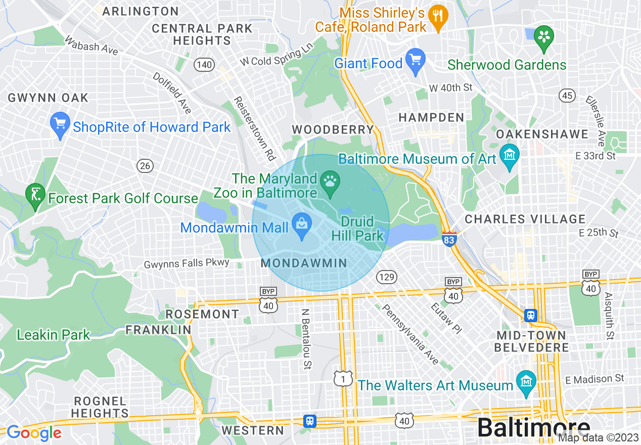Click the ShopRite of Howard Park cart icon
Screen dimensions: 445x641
tap(60, 124)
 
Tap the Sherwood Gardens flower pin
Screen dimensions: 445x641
tap(544, 38)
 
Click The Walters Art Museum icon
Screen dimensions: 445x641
tap(526, 382)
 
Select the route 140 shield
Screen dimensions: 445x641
tap(204, 65)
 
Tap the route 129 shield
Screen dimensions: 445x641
tap(386, 277)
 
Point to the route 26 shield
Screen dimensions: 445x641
tap(145, 165)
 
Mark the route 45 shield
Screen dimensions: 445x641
tap(567, 95)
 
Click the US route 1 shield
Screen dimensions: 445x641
tap(343, 378)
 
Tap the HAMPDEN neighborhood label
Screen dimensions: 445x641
tap(431, 117)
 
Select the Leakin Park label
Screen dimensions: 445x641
tap(53, 335)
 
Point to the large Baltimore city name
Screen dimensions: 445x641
tap(533, 428)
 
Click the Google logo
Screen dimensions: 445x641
tap(34, 433)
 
